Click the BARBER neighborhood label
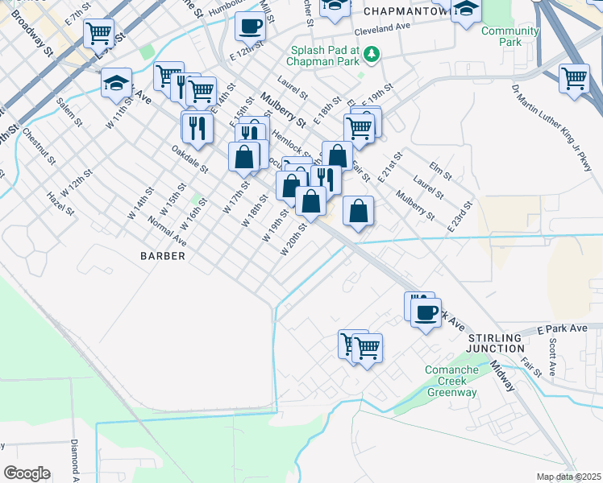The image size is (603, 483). [x=163, y=255]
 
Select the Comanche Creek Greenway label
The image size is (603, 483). [x=451, y=382]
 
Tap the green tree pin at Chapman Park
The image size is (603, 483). [x=372, y=55]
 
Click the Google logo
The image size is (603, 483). [x=27, y=473]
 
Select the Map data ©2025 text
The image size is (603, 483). [x=569, y=477]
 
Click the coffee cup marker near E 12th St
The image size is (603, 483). [x=250, y=27]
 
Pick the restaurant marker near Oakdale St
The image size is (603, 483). [x=197, y=126]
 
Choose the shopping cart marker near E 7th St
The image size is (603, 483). [x=98, y=33]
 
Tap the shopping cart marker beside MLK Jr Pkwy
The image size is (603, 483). [x=574, y=79]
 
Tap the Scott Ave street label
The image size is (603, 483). [x=552, y=356]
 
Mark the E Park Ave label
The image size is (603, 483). [x=563, y=328]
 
